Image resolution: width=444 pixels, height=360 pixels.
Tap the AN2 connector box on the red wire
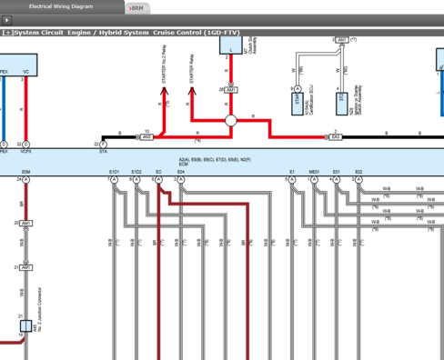[147, 136]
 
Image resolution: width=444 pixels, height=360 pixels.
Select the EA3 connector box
[335, 136]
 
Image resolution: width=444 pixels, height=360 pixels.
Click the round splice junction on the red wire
[230, 119]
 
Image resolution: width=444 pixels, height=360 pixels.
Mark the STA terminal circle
[103, 145]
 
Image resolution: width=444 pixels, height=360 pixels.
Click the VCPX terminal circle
[25, 145]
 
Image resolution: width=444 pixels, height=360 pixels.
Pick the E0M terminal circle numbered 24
[25, 180]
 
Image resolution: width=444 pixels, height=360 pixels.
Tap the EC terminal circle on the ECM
[158, 180]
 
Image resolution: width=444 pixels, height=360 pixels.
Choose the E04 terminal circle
[181, 180]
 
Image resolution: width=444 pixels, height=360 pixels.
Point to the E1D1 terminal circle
[114, 180]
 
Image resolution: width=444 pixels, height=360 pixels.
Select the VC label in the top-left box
[25, 70]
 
